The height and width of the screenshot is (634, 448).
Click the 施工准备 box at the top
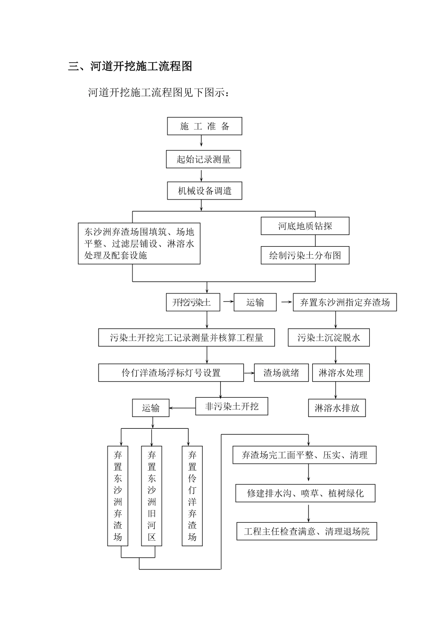click(x=205, y=126)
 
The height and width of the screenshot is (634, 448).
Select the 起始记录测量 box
click(x=203, y=159)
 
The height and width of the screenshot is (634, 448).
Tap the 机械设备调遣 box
click(x=204, y=191)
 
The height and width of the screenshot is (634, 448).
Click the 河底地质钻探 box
click(x=305, y=226)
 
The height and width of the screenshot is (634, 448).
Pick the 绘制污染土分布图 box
click(x=305, y=256)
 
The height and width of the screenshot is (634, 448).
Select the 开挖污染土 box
click(x=193, y=302)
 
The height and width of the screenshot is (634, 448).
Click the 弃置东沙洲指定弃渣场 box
click(x=345, y=302)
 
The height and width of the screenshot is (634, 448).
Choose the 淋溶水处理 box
click(x=340, y=373)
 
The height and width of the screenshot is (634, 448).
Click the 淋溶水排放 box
click(x=337, y=408)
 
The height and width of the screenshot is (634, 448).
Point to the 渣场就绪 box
click(x=281, y=373)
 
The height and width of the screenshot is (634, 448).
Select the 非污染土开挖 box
click(x=232, y=406)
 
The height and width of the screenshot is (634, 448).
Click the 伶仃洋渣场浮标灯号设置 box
click(x=171, y=373)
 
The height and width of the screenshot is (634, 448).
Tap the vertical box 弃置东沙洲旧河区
click(x=151, y=496)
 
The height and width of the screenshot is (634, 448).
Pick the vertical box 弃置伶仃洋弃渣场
click(x=192, y=496)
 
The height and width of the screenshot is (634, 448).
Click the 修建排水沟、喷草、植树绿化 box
click(x=306, y=493)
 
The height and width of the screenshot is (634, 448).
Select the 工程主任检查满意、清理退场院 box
click(x=307, y=532)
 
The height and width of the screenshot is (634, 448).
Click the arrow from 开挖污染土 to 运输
click(x=227, y=302)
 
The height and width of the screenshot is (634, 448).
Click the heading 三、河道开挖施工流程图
click(x=130, y=67)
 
